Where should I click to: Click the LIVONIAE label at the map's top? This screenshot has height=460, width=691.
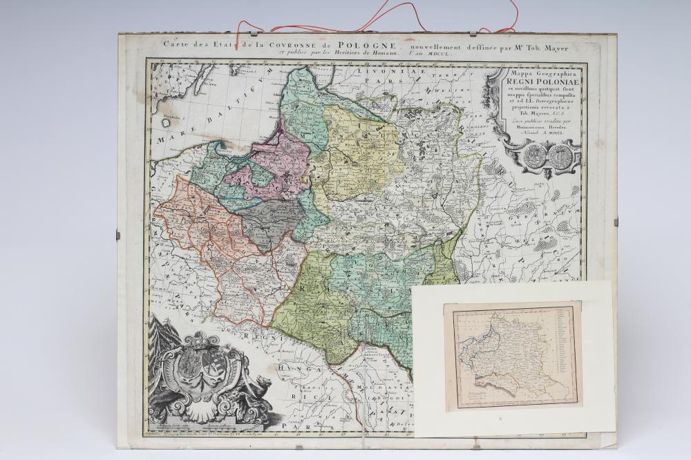tap(373, 71)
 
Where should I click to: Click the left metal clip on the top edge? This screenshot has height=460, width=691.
tap(240, 33)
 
